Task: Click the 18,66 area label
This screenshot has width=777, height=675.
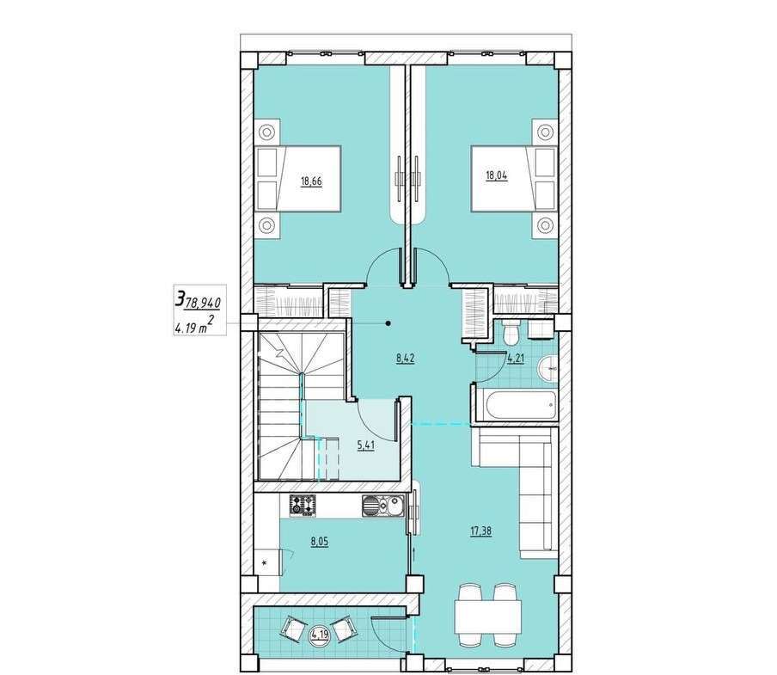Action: (x=311, y=181)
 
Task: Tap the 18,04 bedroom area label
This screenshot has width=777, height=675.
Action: (x=497, y=175)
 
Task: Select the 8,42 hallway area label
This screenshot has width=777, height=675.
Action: (x=405, y=359)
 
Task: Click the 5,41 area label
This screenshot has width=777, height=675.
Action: (x=365, y=445)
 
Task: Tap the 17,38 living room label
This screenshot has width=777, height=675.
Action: (x=480, y=531)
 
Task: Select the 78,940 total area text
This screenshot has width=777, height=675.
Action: (x=202, y=301)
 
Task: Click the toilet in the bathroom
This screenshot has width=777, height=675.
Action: (x=510, y=332)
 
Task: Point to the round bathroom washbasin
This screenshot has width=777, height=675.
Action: (x=548, y=368)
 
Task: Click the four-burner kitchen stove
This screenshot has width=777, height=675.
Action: (x=303, y=506)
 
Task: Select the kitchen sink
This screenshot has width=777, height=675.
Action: (x=383, y=506)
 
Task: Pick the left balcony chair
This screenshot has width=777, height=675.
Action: (x=293, y=629)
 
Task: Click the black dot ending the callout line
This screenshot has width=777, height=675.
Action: (x=388, y=324)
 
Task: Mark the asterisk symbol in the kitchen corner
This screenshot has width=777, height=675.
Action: (x=264, y=562)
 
